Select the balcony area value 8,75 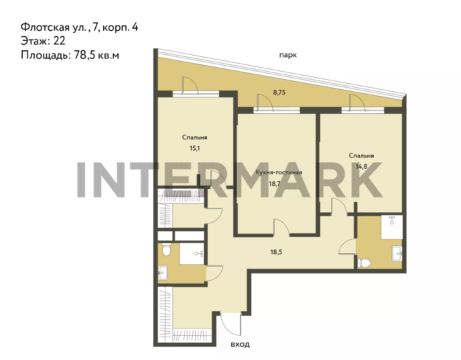(279, 93)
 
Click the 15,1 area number (195, 148)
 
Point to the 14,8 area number (361, 167)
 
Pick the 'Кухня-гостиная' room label (279, 172)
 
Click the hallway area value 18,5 (276, 252)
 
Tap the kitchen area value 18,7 (275, 184)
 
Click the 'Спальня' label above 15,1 (195, 137)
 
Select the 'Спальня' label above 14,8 (361, 156)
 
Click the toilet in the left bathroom (166, 249)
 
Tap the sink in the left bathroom (163, 273)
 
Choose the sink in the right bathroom (397, 254)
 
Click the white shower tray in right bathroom (392, 227)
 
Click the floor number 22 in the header (59, 41)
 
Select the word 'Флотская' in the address (45, 27)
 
